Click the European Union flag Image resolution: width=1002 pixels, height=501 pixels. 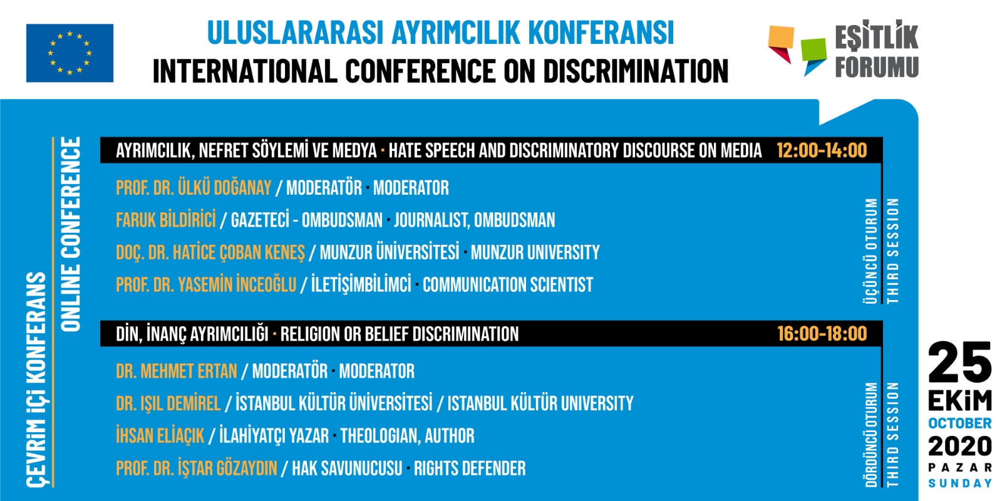(70, 53)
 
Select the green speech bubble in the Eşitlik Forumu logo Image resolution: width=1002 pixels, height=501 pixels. (813, 54)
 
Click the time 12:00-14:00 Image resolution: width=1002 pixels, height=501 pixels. (822, 150)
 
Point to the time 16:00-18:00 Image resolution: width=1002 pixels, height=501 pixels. (822, 334)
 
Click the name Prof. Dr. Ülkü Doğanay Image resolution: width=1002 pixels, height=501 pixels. (194, 188)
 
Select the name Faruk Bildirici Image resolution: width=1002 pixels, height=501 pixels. (166, 220)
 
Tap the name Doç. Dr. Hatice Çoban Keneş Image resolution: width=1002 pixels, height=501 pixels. (210, 253)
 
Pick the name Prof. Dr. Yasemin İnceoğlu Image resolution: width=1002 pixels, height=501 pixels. (206, 285)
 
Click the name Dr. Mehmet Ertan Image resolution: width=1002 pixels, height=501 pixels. (177, 371)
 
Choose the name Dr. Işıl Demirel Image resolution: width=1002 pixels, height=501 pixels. (168, 403)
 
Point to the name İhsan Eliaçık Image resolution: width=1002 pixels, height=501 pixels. (160, 436)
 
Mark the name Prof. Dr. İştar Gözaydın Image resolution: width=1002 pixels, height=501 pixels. (197, 468)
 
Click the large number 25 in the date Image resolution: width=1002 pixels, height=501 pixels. (960, 363)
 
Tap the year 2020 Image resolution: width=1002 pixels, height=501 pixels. (960, 447)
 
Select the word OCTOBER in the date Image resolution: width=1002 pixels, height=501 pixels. (960, 423)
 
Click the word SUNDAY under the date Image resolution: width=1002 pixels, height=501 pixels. (960, 483)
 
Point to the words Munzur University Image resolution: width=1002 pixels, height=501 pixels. (535, 253)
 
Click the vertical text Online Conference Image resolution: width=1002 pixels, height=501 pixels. (71, 234)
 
